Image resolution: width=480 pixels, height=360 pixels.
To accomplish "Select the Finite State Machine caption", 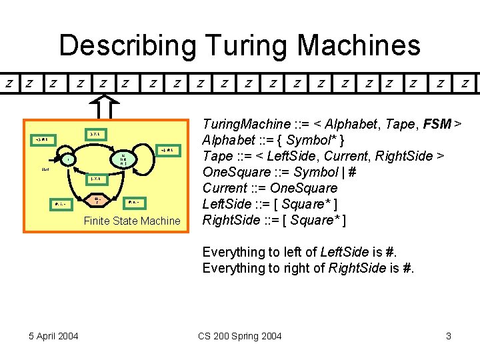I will (132, 221).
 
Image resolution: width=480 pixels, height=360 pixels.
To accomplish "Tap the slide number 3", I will (449, 336).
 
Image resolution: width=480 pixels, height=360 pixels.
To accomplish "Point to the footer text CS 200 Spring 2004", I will (240, 336).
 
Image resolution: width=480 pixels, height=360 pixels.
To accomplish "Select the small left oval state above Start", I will (67, 159).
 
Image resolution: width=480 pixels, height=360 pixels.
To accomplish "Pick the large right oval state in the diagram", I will (124, 159).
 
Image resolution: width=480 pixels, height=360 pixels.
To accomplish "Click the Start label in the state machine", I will (45, 170).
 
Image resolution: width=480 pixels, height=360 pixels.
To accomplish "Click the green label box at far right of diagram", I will (167, 151).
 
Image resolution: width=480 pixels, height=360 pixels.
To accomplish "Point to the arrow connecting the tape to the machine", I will (104, 107).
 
